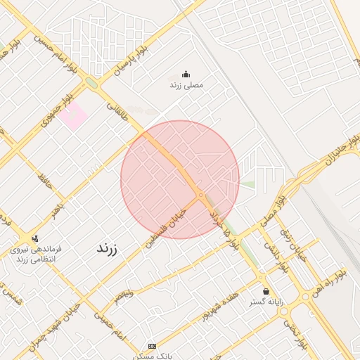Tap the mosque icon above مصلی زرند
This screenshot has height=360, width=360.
tap(186, 74)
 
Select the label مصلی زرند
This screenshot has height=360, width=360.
tap(186, 84)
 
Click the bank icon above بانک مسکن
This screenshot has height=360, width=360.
tap(153, 346)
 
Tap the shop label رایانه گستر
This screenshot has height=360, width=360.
tap(266, 302)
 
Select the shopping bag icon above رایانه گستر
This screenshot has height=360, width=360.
tap(266, 291)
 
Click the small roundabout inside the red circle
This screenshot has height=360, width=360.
tap(201, 195)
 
